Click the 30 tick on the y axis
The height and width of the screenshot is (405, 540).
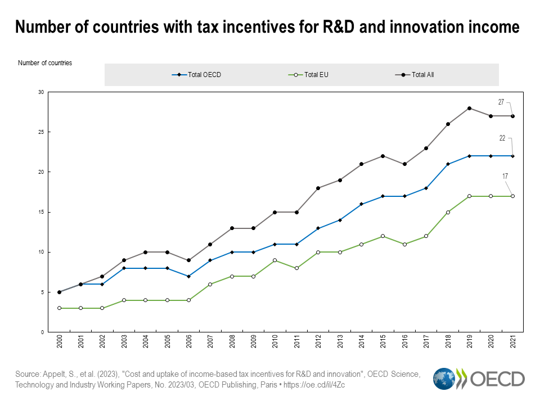(x=40, y=92)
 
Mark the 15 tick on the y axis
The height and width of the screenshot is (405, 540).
(x=40, y=212)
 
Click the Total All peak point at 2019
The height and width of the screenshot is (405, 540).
(x=469, y=108)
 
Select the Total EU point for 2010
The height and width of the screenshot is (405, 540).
(x=274, y=260)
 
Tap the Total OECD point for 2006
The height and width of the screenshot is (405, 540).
(x=188, y=276)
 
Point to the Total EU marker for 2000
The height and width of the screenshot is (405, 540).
(x=59, y=308)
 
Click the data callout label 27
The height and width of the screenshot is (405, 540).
(x=501, y=102)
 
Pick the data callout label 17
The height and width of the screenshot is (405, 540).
(x=506, y=177)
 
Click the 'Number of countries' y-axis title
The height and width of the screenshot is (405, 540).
(x=45, y=63)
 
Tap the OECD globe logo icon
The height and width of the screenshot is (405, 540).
(x=444, y=379)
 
